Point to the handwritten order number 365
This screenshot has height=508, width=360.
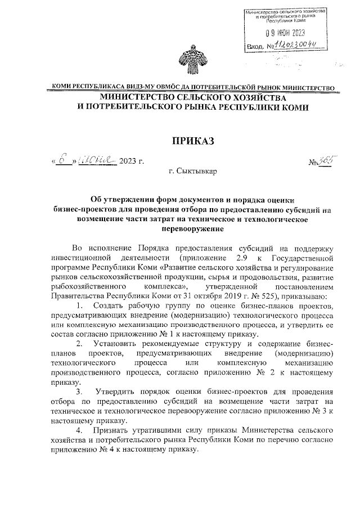coord(325,161)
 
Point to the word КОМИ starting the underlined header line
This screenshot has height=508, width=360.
coord(62,88)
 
